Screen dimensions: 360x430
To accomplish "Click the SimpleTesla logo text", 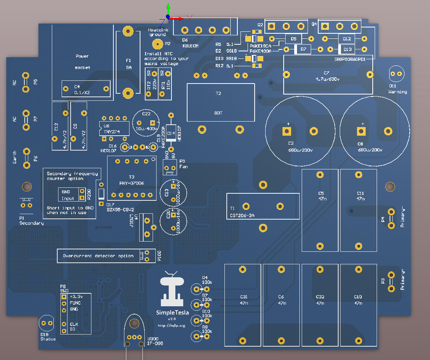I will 172,313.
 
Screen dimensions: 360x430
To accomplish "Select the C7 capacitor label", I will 326,73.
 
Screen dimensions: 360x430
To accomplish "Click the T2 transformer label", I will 219,93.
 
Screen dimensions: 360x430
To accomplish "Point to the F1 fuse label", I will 128,60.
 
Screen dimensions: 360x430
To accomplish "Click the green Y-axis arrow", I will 168,9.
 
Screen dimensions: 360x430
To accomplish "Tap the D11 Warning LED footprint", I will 396,74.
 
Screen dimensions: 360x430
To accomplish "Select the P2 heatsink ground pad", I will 157,44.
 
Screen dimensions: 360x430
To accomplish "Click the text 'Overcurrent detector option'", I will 98,256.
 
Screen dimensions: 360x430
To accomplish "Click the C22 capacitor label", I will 146,114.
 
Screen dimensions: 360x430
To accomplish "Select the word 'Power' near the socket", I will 82,56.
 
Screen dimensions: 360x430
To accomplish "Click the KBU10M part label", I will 191,46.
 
